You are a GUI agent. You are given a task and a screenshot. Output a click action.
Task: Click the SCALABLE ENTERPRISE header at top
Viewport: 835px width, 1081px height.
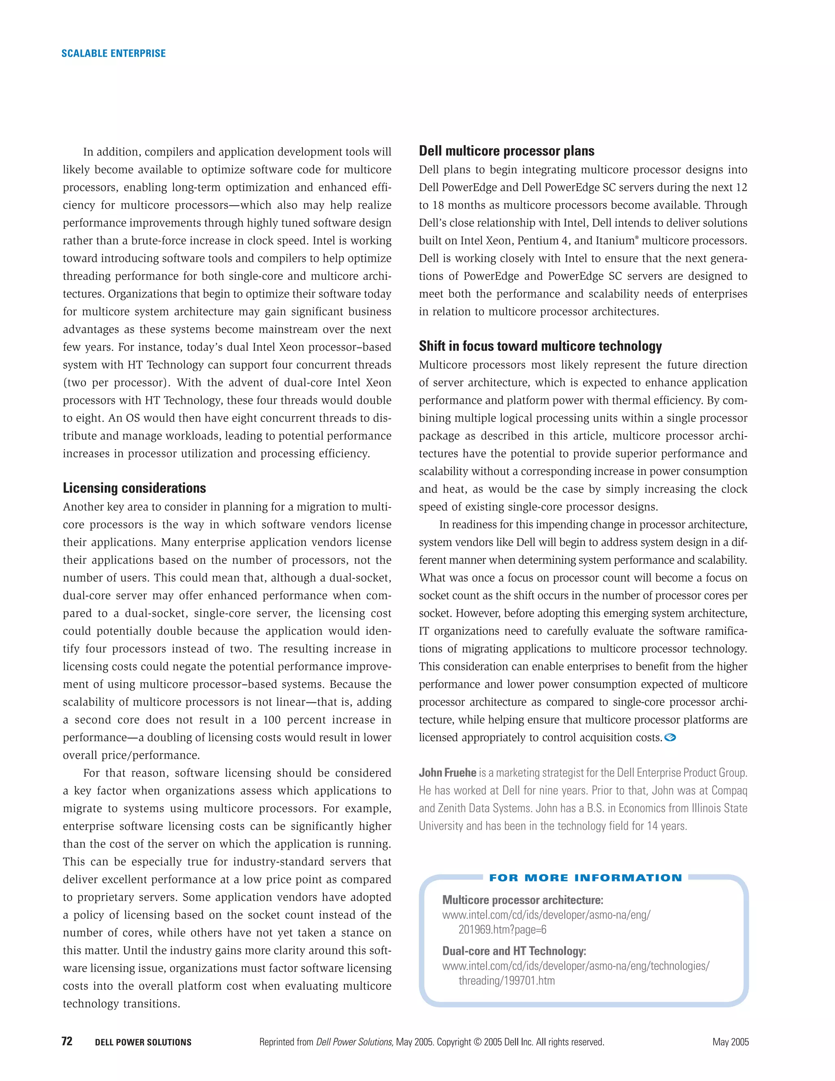(113, 53)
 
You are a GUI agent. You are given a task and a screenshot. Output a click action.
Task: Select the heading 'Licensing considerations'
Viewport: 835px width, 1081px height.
(134, 488)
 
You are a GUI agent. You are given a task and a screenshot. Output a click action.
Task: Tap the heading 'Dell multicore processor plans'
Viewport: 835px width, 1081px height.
(506, 151)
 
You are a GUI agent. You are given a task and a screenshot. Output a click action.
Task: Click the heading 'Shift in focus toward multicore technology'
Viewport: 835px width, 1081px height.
(540, 346)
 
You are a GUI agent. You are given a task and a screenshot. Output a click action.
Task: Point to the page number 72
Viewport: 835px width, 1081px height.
(67, 1041)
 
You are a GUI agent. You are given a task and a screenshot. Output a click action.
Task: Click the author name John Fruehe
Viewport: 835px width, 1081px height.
(447, 773)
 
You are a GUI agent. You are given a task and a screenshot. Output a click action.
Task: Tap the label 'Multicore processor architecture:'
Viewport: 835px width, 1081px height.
(522, 900)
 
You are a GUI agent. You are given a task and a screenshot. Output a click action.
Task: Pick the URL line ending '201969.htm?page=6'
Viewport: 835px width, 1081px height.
(502, 930)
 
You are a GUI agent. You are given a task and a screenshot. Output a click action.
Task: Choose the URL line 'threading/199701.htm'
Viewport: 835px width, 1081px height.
(506, 981)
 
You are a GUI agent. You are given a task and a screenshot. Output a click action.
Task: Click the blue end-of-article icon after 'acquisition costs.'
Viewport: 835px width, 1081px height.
(670, 738)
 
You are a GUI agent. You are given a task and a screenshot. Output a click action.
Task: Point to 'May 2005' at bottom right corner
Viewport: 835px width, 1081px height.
(730, 1042)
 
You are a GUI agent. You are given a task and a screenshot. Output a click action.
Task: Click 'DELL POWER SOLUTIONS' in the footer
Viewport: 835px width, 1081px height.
(143, 1042)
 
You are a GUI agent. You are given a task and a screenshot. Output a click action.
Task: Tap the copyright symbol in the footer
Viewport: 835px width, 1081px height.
(477, 1042)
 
